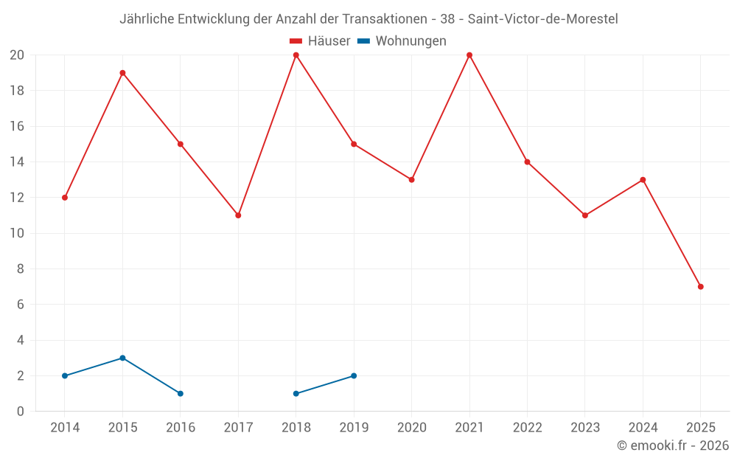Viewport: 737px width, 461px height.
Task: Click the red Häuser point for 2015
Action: coord(122,73)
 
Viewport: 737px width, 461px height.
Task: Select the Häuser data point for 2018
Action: coord(296,55)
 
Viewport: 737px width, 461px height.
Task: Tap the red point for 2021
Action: coord(469,55)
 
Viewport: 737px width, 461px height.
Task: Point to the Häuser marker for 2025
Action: coord(701,287)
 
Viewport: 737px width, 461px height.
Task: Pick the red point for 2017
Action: coord(238,215)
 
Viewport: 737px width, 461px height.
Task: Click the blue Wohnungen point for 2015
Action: coord(122,358)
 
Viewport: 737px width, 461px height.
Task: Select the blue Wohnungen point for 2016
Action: coord(181,394)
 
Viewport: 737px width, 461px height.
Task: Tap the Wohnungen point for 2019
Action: coord(354,376)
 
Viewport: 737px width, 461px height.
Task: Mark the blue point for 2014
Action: coord(65,376)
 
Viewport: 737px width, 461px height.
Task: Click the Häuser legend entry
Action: coord(320,41)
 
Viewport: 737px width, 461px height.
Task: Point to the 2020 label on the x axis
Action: coord(411,427)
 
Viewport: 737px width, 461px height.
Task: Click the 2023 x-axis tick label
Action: coord(585,427)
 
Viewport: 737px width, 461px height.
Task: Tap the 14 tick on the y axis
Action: coord(17,162)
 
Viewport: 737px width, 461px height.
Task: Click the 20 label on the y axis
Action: coord(17,55)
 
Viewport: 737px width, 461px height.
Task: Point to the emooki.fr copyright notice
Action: coord(673,446)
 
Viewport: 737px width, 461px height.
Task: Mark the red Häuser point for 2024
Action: coord(643,180)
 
